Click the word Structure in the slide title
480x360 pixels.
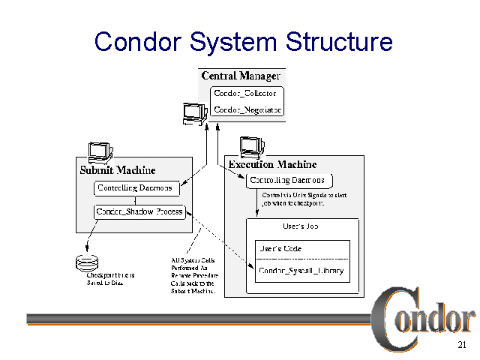337,41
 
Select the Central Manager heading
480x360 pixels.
241,76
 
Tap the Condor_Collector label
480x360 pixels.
245,94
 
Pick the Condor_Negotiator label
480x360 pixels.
247,109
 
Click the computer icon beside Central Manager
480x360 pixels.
194,112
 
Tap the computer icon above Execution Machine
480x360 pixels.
252,146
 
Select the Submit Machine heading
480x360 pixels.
112,169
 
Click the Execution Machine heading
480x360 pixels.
272,164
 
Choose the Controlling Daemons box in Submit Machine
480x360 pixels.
135,188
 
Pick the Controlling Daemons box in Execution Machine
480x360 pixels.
288,181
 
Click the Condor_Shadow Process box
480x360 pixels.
139,211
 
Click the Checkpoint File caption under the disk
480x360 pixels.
110,279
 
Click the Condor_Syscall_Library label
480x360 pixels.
301,270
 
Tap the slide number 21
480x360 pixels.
461,346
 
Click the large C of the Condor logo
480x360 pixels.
391,322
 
